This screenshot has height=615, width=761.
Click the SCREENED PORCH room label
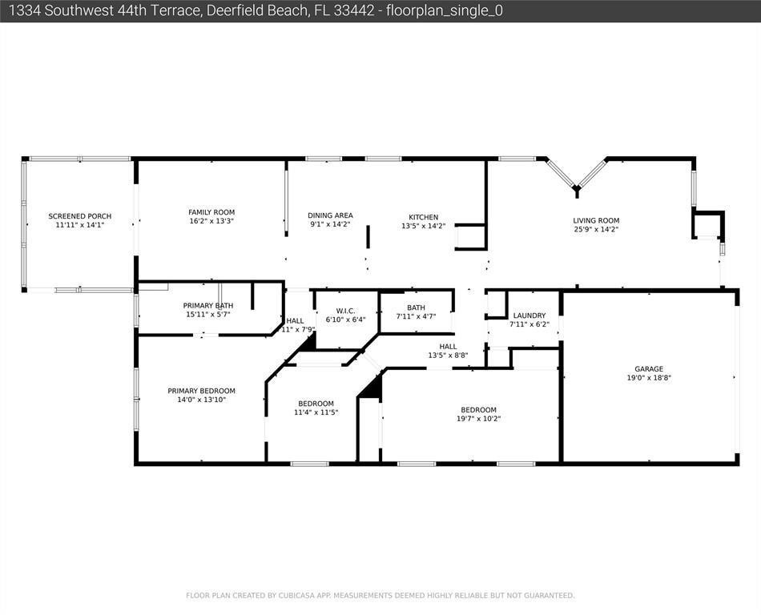79,216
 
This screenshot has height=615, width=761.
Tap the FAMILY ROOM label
211,212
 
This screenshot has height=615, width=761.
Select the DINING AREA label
330,215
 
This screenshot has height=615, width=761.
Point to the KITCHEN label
423,217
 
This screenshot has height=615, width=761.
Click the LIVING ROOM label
596,221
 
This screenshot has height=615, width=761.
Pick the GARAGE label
649,369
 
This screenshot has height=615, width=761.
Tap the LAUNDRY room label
529,316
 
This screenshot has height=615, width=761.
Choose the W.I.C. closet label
345,311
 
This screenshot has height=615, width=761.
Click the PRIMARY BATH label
207,306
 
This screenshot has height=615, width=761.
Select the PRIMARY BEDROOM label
201,391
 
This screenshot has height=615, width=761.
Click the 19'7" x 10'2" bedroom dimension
478,418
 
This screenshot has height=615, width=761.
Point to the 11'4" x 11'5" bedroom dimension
316,412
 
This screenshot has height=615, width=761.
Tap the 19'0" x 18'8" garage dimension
649,378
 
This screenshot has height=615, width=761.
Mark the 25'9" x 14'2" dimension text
596,230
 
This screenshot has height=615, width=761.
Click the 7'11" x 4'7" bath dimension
416,316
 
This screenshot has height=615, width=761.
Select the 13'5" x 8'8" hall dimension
448,355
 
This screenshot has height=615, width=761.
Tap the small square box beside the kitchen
470,238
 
